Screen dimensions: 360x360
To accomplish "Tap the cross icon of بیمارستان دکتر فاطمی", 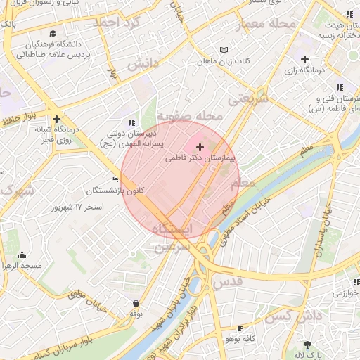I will point(200,148).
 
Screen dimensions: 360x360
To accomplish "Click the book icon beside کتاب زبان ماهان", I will point(224,50).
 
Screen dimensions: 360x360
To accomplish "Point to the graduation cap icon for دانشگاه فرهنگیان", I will point(53,33).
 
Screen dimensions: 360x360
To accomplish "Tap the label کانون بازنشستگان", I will point(115,191).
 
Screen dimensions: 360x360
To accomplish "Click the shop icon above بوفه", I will point(135,304).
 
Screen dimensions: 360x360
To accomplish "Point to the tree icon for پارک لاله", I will point(307,345).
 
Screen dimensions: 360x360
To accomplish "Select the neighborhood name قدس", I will point(226,282).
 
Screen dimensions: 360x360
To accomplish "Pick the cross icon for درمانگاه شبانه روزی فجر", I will point(56,119).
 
